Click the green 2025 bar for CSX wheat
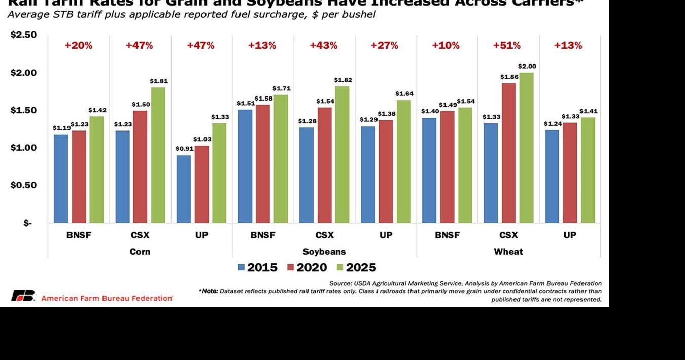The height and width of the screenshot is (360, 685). (x=526, y=148)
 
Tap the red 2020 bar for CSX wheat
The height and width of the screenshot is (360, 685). (x=508, y=153)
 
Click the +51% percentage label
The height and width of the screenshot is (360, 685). (x=506, y=45)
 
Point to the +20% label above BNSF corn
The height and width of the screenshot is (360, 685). (x=78, y=45)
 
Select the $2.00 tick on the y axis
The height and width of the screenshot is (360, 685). (x=23, y=73)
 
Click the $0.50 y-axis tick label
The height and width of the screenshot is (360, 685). (x=23, y=185)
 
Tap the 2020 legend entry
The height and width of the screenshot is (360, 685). (x=307, y=268)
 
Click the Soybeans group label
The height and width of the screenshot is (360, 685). (x=324, y=252)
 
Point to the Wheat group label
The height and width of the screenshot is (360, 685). (x=508, y=252)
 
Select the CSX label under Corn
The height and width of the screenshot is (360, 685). (x=140, y=235)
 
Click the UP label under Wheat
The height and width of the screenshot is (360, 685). (x=570, y=235)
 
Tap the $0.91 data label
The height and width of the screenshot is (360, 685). (x=184, y=149)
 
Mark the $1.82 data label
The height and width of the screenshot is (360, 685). (x=342, y=80)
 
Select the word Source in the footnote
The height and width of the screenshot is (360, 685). (x=340, y=283)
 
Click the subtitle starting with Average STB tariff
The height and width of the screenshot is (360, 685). (x=191, y=14)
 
